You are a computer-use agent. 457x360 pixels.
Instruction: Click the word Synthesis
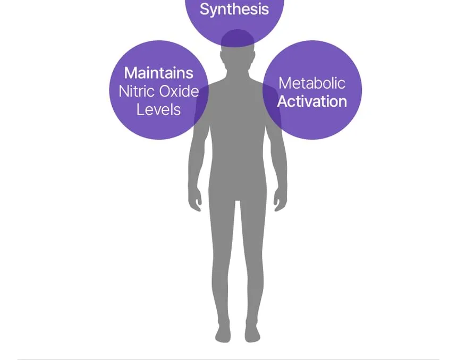point(234,9)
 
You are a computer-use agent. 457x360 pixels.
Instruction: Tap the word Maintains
point(158,73)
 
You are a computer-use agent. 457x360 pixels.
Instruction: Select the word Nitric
point(137,91)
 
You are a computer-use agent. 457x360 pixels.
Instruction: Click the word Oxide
point(179,91)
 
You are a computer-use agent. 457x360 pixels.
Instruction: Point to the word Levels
point(158,109)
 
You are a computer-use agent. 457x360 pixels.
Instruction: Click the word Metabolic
point(312,83)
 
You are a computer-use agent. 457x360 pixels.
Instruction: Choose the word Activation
point(312,101)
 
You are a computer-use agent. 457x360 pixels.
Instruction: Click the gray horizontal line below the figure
point(228,359)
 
